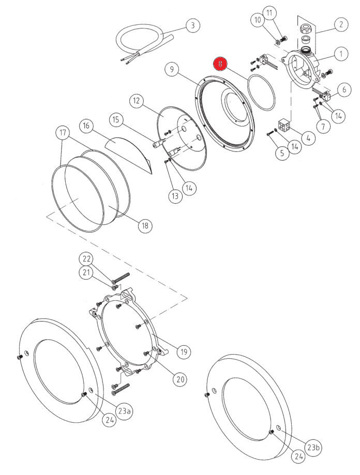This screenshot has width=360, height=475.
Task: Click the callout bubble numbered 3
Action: point(192,25)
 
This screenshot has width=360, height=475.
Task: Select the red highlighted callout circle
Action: point(221,64)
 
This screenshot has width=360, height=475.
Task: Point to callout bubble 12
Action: point(136,100)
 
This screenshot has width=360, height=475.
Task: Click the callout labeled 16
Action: point(86,126)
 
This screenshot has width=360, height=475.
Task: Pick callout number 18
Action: point(145,225)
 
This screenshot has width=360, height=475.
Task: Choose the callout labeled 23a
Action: point(124,411)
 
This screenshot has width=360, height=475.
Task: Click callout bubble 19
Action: point(183,353)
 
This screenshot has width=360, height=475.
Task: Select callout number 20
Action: point(179,379)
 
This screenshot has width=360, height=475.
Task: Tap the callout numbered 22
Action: point(86,258)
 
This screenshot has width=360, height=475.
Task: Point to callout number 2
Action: point(340,24)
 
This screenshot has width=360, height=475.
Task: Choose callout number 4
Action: point(308,138)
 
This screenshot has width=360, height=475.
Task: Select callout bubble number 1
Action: point(340,53)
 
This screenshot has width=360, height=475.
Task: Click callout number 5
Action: point(282,153)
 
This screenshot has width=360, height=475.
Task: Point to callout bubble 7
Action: point(323,125)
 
